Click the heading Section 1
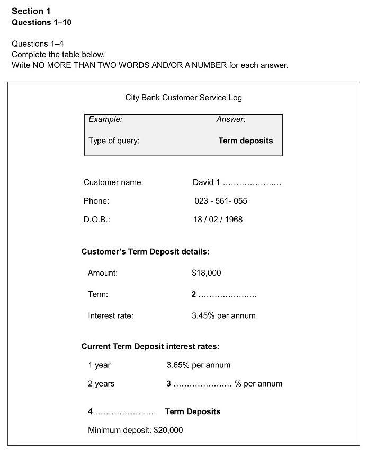click(x=31, y=11)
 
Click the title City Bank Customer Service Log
click(x=183, y=98)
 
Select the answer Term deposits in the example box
click(x=246, y=141)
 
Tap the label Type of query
click(x=114, y=141)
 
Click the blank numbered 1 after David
click(x=252, y=183)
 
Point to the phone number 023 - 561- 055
click(x=221, y=201)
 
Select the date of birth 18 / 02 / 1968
click(x=218, y=220)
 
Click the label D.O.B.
click(x=96, y=220)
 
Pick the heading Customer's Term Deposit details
click(x=145, y=252)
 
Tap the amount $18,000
click(x=207, y=273)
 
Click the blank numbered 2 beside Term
click(x=227, y=295)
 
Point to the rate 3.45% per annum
click(x=223, y=316)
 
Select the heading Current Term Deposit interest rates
click(x=150, y=346)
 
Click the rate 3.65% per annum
click(x=199, y=365)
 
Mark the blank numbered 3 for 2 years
click(x=202, y=384)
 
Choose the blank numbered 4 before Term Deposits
click(x=124, y=412)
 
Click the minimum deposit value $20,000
click(x=168, y=430)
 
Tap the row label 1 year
click(x=100, y=365)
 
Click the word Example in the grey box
click(x=105, y=119)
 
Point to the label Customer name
click(x=113, y=182)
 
